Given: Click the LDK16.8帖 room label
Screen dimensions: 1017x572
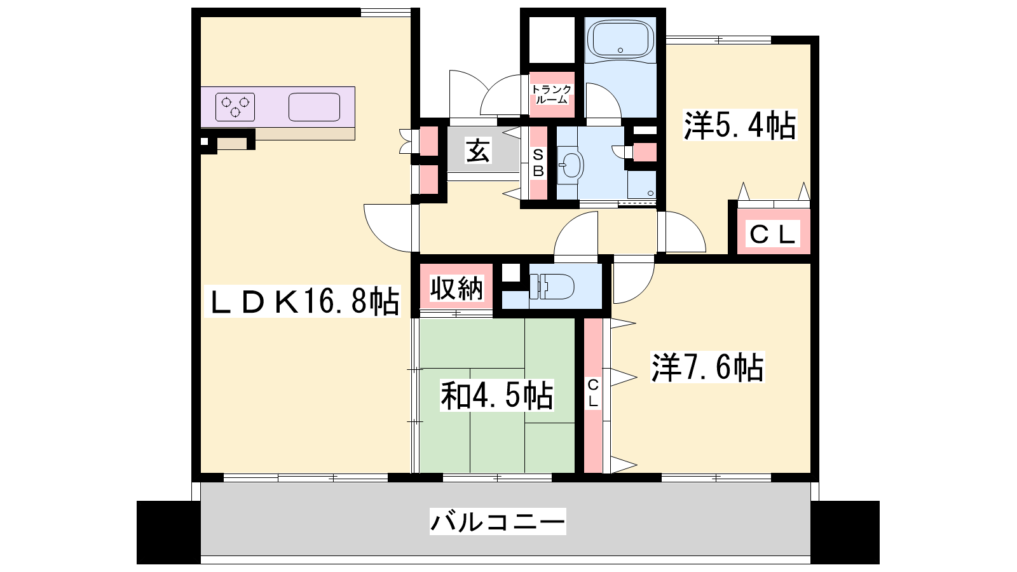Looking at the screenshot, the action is tap(303, 301).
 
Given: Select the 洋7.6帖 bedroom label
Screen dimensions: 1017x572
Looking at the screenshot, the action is tap(708, 367).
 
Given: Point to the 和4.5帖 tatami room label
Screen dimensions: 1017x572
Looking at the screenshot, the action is tap(496, 395).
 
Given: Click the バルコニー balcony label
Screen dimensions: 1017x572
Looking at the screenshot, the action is tap(498, 521).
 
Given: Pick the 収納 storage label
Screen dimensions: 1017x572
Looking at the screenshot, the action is tap(456, 288).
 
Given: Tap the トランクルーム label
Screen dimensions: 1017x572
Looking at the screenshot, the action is tap(552, 95).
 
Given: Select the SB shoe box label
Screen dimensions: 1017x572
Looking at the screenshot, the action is tap(538, 163).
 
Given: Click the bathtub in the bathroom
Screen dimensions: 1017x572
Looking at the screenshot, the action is tap(620, 39).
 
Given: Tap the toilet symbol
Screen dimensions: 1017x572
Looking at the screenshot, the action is tap(552, 286).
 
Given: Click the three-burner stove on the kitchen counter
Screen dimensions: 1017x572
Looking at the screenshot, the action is tap(235, 107).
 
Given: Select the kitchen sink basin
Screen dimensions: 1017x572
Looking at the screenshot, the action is tap(314, 107).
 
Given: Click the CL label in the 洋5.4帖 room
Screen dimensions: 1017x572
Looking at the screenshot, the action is tap(772, 235).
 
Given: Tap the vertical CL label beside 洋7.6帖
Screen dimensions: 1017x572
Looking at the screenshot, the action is tap(593, 393).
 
